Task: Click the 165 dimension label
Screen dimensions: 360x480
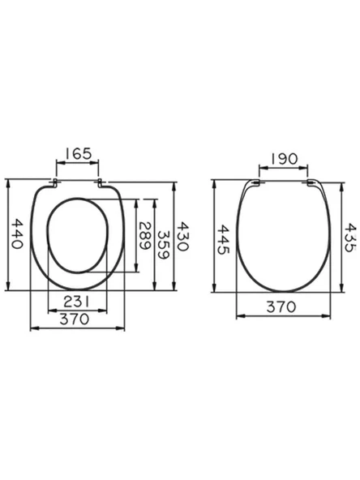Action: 78,154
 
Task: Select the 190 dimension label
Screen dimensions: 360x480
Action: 284,159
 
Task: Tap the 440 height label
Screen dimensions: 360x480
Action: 17,234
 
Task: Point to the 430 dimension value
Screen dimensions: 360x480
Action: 183,237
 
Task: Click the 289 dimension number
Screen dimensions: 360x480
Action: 145,236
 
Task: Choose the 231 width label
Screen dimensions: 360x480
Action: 76,302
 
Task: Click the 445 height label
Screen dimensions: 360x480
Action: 223,239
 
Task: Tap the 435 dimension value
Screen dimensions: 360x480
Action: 350,238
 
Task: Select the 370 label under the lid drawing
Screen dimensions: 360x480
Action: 281,306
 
